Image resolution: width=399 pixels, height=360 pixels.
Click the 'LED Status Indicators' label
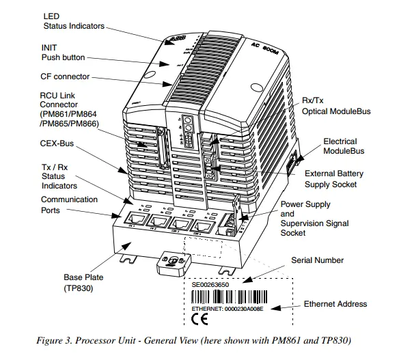[x=73, y=20]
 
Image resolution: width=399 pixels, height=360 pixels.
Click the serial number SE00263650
[x=211, y=283]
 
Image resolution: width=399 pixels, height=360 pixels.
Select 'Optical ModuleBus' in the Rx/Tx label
[x=335, y=111]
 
